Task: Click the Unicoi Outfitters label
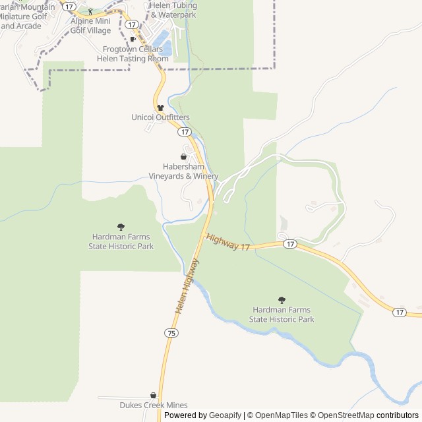coord(160,117)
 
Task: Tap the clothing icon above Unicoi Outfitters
coord(160,107)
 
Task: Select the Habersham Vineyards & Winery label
coord(191,171)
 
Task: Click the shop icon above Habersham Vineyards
coord(183,157)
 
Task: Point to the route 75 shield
coord(172,334)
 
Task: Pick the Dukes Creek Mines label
coord(154,406)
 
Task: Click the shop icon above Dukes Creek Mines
coord(154,396)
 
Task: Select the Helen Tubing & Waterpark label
coord(173,10)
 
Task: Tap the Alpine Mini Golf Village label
coord(91,26)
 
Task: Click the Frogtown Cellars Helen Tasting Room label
coord(133,54)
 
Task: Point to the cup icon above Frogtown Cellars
coord(133,40)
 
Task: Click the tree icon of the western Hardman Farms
coord(121,227)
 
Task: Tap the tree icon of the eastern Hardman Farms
coord(282,300)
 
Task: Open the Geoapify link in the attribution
coord(226,415)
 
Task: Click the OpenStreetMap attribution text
coord(345,415)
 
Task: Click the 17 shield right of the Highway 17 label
coord(289,244)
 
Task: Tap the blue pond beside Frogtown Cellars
coord(166,47)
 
